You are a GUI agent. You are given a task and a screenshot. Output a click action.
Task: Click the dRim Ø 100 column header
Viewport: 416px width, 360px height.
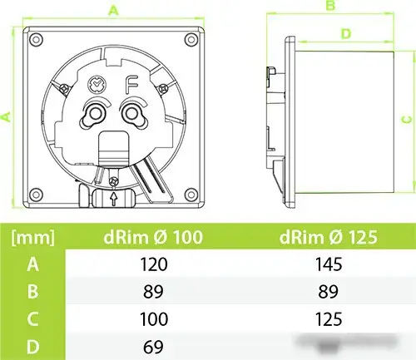pos(153,237)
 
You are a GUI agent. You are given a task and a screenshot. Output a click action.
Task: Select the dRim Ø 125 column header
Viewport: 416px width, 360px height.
pos(329,237)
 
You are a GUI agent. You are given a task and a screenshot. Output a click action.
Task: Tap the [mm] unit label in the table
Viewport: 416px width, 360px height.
pos(32,238)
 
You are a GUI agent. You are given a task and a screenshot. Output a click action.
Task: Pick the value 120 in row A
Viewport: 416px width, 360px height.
pos(154,264)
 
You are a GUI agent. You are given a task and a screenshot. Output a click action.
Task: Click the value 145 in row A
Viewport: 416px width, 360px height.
pos(329,264)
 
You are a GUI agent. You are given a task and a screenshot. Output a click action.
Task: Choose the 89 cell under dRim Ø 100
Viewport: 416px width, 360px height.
pos(153,292)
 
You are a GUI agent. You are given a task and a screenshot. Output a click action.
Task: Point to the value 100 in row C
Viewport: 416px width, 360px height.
pos(154,319)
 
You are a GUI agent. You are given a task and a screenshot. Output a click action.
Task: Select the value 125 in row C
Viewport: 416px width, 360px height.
pos(329,319)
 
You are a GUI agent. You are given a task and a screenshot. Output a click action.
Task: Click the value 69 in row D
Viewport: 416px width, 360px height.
pos(153,347)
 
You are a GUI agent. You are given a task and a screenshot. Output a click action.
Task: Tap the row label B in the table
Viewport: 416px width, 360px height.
pos(32,292)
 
